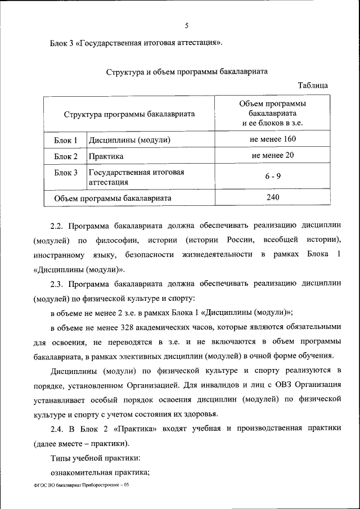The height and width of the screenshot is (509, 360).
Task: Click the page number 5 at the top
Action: click(x=186, y=25)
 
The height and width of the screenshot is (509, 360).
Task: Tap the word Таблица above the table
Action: click(x=313, y=85)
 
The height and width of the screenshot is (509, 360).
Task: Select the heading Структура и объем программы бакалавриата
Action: click(x=186, y=71)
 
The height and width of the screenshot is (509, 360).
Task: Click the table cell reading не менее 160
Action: click(x=273, y=139)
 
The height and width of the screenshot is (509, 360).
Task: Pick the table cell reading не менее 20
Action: click(x=273, y=155)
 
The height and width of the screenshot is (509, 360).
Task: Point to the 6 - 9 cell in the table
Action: click(x=273, y=176)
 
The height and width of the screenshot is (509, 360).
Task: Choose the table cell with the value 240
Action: click(x=273, y=197)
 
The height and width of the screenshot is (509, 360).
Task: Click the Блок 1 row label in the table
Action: click(x=66, y=139)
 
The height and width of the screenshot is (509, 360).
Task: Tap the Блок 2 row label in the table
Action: click(x=66, y=156)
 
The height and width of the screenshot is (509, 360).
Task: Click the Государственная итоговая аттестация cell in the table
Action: click(x=136, y=177)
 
